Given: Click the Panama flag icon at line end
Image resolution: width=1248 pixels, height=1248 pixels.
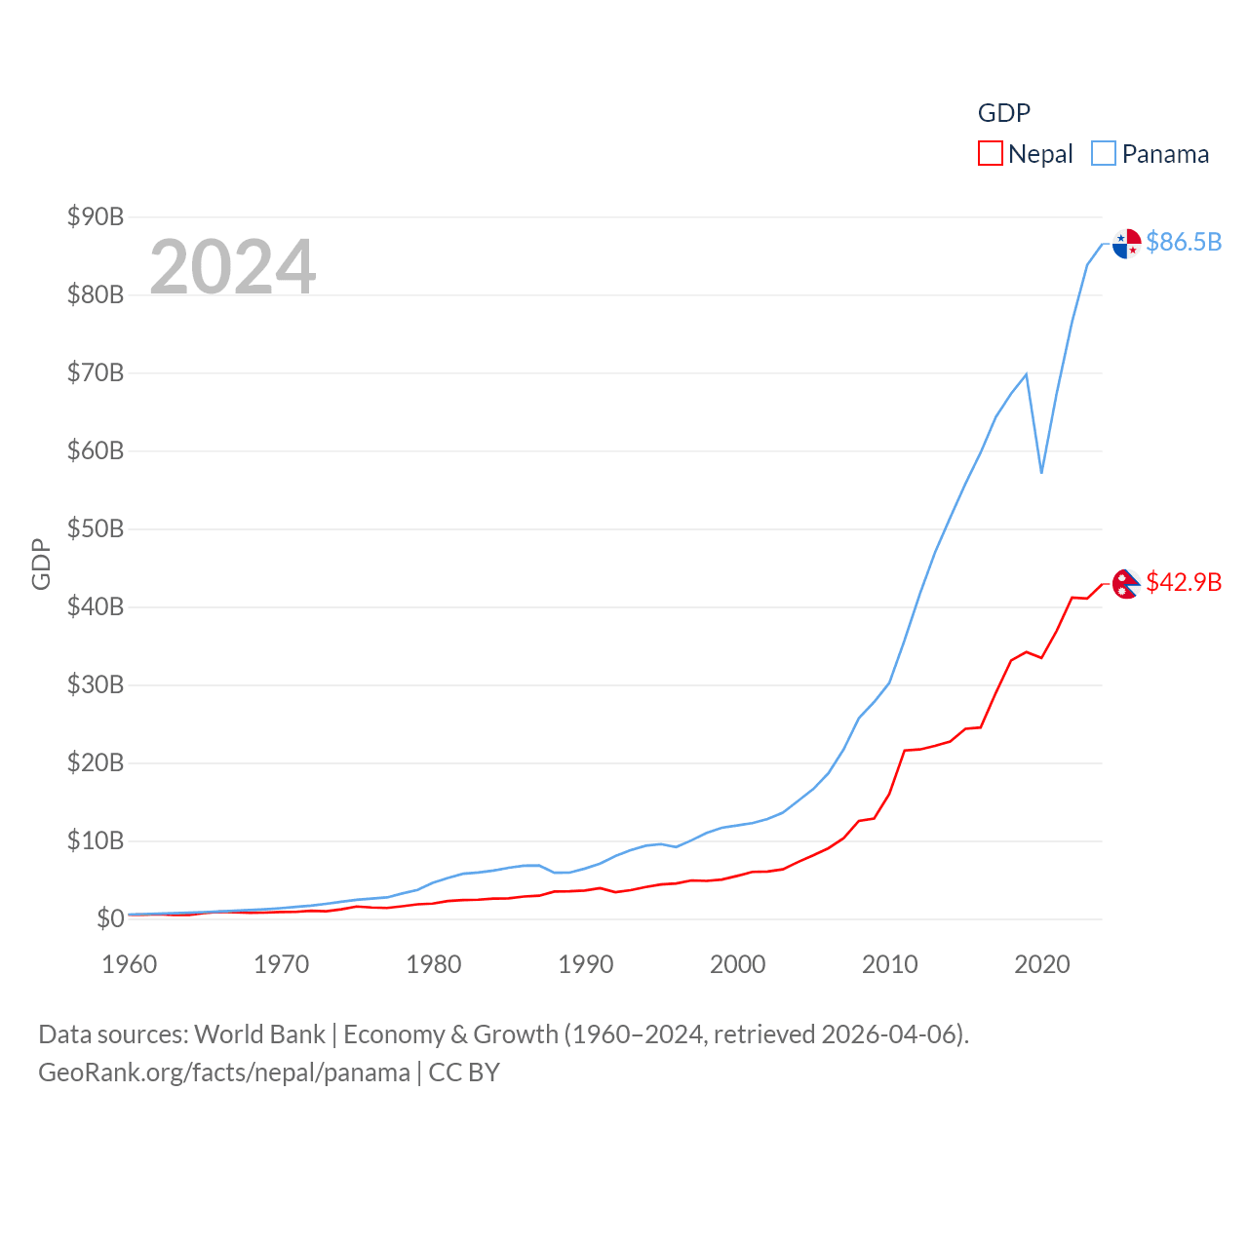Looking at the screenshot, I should pyautogui.click(x=1126, y=244).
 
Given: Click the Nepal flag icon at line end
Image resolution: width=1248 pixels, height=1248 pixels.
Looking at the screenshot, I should pyautogui.click(x=1126, y=584).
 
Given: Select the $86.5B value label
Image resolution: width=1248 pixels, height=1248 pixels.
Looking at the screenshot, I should pyautogui.click(x=1184, y=242).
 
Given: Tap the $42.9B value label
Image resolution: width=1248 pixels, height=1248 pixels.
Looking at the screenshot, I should pyautogui.click(x=1184, y=582).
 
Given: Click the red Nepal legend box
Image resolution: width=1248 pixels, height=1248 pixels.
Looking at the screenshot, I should pyautogui.click(x=991, y=154).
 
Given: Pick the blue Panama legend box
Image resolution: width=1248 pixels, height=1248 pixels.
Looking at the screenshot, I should pyautogui.click(x=1104, y=154).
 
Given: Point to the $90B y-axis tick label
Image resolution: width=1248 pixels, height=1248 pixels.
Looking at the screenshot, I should pyautogui.click(x=96, y=216).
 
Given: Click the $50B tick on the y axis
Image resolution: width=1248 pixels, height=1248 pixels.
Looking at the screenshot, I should pyautogui.click(x=96, y=528).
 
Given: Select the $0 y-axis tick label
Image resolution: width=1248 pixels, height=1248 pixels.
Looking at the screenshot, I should pyautogui.click(x=110, y=918).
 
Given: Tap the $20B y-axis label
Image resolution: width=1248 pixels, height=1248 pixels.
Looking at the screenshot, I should pyautogui.click(x=96, y=762).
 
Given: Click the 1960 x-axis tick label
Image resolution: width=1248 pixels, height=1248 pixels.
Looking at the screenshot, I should pyautogui.click(x=130, y=964).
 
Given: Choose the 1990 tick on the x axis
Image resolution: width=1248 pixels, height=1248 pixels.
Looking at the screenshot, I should pyautogui.click(x=586, y=964).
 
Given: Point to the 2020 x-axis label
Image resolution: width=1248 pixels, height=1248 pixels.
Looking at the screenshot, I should pyautogui.click(x=1042, y=964).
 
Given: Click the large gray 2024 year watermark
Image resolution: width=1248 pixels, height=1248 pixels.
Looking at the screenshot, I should pyautogui.click(x=233, y=266).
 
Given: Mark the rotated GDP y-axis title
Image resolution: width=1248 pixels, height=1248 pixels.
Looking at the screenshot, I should pyautogui.click(x=41, y=564).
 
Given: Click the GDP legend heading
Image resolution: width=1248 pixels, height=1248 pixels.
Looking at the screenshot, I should pyautogui.click(x=1004, y=113).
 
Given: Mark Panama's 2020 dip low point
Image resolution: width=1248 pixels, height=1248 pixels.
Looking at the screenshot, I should pyautogui.click(x=1041, y=473).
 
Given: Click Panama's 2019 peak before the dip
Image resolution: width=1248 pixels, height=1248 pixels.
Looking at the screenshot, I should pyautogui.click(x=1026, y=374).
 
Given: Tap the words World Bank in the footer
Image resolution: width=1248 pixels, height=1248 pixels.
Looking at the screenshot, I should pyautogui.click(x=260, y=1033).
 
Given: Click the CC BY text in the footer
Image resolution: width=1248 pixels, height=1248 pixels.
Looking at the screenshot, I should pyautogui.click(x=464, y=1072).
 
